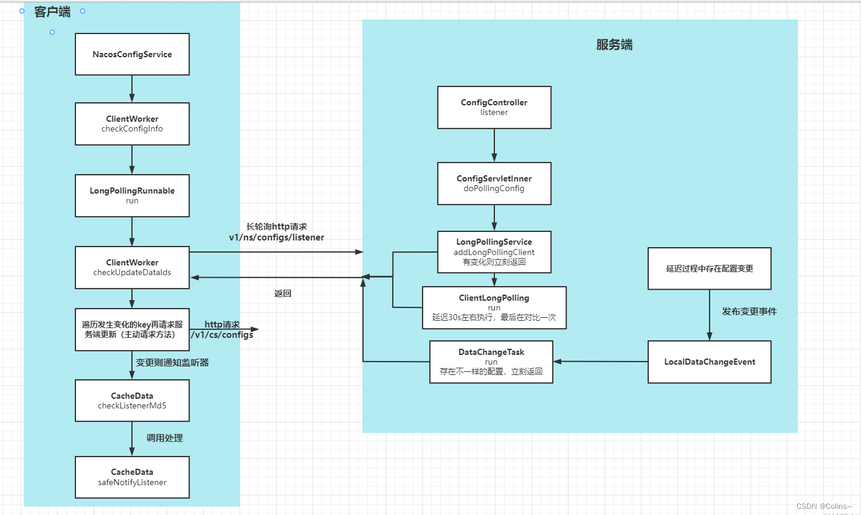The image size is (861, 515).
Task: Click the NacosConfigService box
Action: click(132, 54)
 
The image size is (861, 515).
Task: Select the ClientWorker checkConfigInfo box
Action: click(132, 124)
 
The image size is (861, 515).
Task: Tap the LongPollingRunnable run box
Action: click(132, 195)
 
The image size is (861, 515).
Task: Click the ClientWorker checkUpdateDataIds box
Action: click(132, 267)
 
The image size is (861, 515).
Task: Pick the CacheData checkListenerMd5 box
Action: click(132, 401)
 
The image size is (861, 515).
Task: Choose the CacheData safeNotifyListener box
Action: click(132, 477)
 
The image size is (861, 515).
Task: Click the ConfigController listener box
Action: click(494, 107)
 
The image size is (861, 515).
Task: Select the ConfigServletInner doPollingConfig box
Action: click(494, 183)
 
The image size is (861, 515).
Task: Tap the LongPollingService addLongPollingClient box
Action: click(494, 251)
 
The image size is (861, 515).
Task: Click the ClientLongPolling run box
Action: click(494, 307)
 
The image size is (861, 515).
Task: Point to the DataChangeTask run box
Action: click(491, 362)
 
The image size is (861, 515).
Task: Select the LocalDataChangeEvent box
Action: click(709, 362)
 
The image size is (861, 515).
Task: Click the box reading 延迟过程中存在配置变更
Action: click(709, 268)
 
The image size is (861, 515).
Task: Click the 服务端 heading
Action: click(614, 45)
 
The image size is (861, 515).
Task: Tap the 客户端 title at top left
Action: click(52, 12)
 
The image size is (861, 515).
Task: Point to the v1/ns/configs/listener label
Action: click(277, 237)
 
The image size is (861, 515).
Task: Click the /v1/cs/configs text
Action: click(223, 334)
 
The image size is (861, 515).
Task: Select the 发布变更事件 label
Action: click(749, 311)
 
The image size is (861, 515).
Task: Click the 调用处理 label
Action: click(164, 438)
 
